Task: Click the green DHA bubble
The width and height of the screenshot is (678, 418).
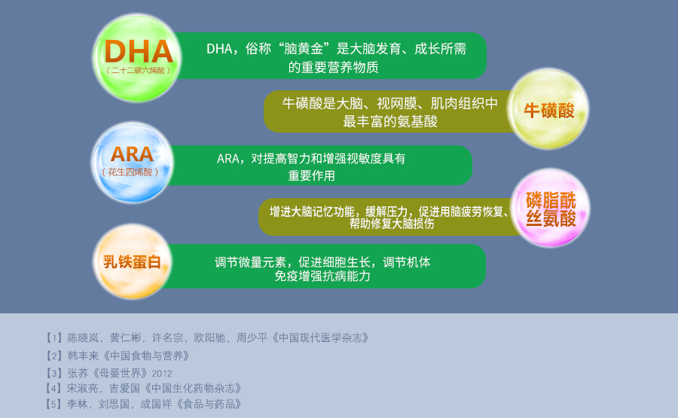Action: coord(137,58)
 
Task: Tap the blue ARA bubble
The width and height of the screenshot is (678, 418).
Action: coord(133,163)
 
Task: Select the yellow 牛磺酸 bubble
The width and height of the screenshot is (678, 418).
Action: coord(548,108)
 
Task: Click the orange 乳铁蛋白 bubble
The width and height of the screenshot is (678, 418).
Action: coord(132,261)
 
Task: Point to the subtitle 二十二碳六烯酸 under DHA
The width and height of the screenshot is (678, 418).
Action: coord(138,71)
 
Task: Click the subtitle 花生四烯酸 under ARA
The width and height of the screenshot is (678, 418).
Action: coord(130,172)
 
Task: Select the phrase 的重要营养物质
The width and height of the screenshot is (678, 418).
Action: coord(334,68)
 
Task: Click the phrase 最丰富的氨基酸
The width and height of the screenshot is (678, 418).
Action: coord(390,121)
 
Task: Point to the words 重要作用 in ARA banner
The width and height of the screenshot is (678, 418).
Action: coord(311,175)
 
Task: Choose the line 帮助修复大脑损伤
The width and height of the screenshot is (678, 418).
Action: coord(392,224)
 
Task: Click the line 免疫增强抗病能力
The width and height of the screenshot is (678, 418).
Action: coord(322,276)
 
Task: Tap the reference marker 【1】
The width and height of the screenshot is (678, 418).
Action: coord(54,337)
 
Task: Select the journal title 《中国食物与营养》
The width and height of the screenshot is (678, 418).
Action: coord(145,355)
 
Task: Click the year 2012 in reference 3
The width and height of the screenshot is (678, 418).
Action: coord(162,374)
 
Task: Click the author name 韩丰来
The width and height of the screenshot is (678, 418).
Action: coord(84,355)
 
